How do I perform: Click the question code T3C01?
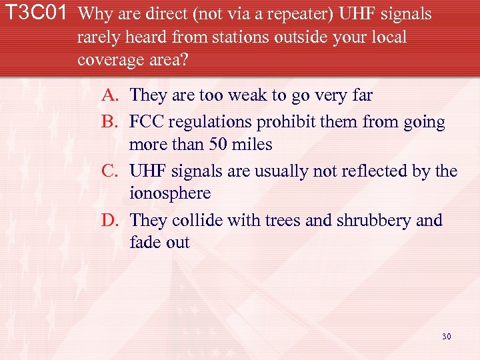pos(37,14)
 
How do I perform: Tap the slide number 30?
pos(446,336)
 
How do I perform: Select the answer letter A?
pos(111,95)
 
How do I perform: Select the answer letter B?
pos(110,122)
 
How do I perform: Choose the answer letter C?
pos(111,171)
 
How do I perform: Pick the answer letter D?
pos(110,221)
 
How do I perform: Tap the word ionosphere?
pos(169,194)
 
